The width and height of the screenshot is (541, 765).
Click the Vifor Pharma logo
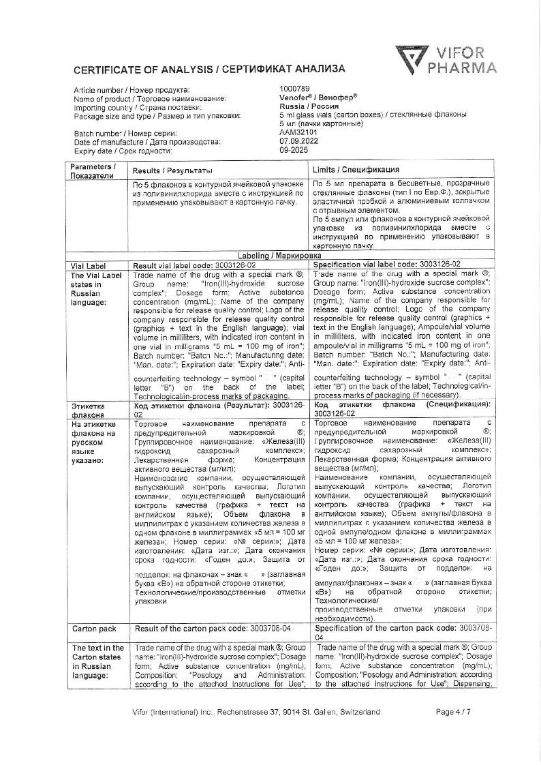tap(446, 59)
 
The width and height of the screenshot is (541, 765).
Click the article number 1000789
tap(294, 89)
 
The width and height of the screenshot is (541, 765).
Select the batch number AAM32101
tap(298, 133)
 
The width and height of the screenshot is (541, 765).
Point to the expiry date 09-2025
tap(294, 149)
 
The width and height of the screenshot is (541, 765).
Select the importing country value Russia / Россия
tap(311, 107)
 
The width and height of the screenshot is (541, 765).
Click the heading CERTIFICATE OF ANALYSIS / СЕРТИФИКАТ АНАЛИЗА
tap(209, 69)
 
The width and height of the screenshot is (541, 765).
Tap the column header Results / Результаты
tap(172, 170)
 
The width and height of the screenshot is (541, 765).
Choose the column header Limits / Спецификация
tap(356, 169)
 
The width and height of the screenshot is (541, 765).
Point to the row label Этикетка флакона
tap(89, 409)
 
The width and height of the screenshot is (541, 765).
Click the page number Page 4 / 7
tap(452, 712)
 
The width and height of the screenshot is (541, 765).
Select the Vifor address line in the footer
tap(256, 712)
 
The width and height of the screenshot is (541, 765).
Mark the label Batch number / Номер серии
tap(120, 133)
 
